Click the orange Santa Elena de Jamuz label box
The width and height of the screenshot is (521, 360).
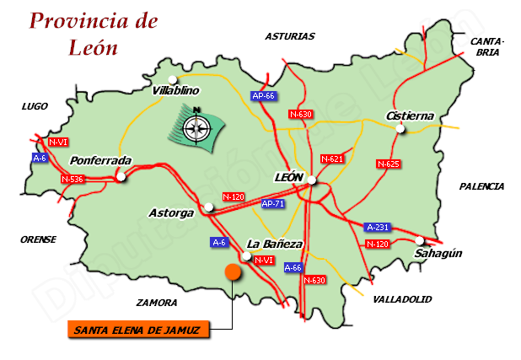point(137,330)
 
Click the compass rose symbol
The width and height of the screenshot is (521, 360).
point(197,127)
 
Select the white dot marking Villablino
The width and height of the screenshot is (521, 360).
point(172,79)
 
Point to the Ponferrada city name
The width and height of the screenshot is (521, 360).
point(101,160)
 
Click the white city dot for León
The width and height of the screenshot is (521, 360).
point(312,180)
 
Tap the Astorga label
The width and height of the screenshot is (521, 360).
point(171,213)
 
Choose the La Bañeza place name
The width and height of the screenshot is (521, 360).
point(274,244)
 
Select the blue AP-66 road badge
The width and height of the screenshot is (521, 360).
point(264,96)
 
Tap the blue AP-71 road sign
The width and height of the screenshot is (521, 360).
point(272,204)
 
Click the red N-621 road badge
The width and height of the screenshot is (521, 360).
point(332,159)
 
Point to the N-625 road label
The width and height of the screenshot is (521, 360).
point(388,164)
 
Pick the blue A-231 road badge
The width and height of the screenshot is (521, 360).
point(377,228)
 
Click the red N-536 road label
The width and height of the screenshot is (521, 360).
point(73,179)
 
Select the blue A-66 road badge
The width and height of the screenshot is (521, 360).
point(293,267)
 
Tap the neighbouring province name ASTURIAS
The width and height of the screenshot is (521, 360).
point(289,36)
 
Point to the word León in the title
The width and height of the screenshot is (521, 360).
point(93,47)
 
